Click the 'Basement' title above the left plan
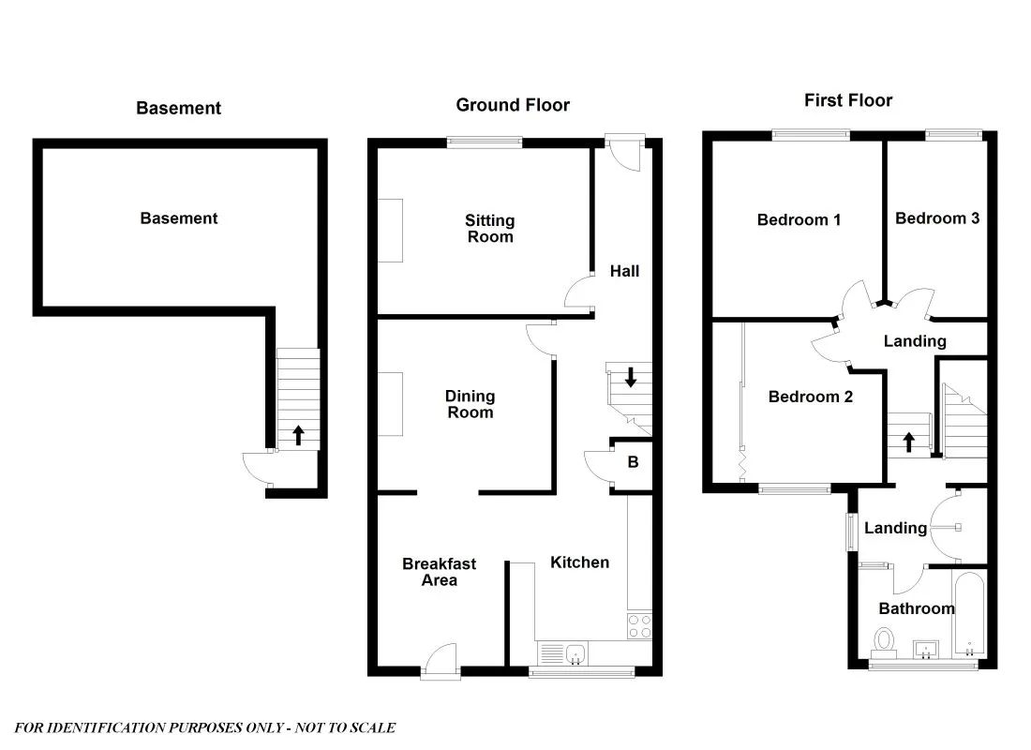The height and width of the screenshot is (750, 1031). pos(178,108)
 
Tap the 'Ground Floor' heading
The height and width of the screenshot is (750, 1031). pos(513,105)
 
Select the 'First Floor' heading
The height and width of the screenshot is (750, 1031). pos(848,100)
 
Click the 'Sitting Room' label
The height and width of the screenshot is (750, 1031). pos(490,229)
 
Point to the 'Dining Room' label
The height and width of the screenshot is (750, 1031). pos(470,404)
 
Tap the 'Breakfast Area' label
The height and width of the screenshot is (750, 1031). pos(439,572)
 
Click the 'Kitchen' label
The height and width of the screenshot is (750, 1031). pos(579,562)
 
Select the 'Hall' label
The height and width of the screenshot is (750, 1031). pos(624,271)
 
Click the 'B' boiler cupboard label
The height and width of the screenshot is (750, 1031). pos(633,462)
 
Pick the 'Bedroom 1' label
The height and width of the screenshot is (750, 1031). pos(799,220)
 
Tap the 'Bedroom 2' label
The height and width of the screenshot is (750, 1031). pos(810,397)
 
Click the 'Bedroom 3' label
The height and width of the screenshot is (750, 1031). pos(937,218)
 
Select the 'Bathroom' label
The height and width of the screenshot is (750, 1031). pos(917,608)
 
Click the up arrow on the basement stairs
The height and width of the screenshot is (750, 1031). pos(298,435)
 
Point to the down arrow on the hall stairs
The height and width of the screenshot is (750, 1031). pos(631,377)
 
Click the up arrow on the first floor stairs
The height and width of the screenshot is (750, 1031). pos(908,442)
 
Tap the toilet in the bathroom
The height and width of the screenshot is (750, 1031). pos(883,642)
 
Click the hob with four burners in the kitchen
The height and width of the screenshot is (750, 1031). pos(639,626)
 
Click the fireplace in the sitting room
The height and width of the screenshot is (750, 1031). pos(391,231)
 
